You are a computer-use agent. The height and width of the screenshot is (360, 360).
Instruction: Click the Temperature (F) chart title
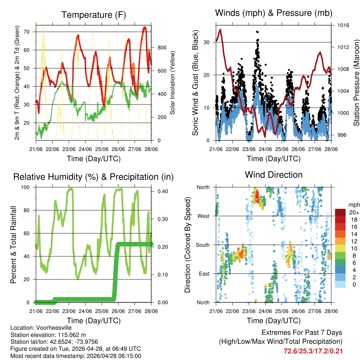[x=94, y=15]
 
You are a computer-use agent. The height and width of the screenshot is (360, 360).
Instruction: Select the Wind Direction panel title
[x=274, y=175]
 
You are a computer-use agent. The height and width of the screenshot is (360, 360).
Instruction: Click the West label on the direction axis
[x=204, y=216]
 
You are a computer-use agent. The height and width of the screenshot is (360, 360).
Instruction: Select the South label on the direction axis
[x=203, y=245]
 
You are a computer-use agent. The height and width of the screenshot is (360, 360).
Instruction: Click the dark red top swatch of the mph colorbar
[x=340, y=212]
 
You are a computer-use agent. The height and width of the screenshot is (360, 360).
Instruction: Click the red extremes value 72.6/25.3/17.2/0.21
[x=313, y=351]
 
